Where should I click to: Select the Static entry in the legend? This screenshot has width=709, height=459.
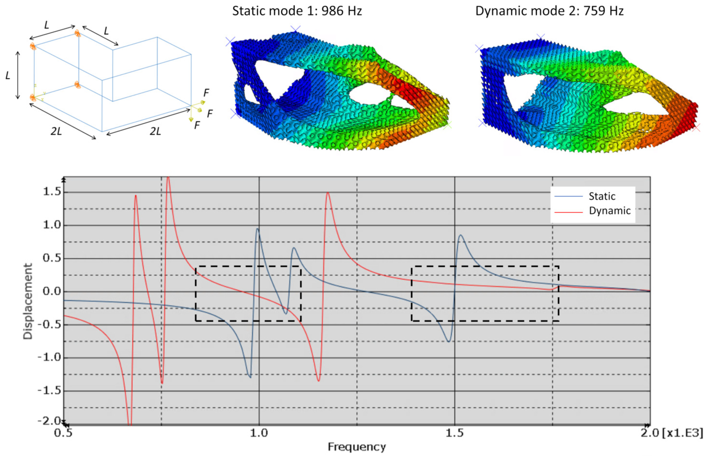[x=602, y=196]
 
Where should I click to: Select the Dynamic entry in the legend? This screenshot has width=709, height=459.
[x=609, y=211]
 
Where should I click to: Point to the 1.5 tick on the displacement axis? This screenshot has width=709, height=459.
[x=52, y=192]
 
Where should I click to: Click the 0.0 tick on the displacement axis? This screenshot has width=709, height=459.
[x=52, y=292]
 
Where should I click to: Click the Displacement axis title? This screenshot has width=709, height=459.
[x=28, y=301]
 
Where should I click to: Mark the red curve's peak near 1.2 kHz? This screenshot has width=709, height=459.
[x=328, y=193]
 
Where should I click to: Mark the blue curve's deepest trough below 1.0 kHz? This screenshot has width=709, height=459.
[x=250, y=377]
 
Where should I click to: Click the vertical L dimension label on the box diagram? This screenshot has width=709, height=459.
[x=8, y=75]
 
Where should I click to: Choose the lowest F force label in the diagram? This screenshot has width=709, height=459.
[x=197, y=125]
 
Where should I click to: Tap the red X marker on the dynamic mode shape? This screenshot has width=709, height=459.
[x=696, y=128]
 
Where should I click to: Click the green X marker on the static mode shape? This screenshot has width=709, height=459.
[x=447, y=125]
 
